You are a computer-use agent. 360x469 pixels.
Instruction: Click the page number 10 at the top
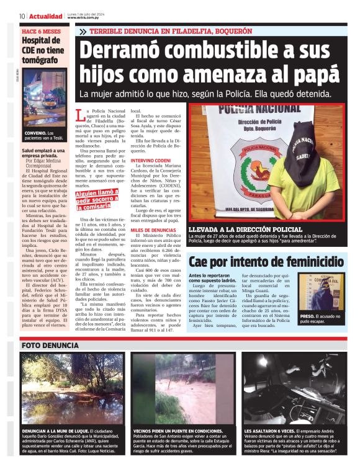click(x=22, y=16)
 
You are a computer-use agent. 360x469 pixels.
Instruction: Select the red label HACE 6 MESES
click(x=41, y=30)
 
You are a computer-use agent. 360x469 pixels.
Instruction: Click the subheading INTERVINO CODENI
click(x=151, y=160)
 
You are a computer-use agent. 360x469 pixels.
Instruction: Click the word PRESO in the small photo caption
click(x=308, y=316)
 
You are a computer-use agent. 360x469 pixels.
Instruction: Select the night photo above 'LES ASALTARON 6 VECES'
click(x=295, y=388)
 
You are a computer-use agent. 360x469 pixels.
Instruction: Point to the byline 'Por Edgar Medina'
click(x=43, y=159)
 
